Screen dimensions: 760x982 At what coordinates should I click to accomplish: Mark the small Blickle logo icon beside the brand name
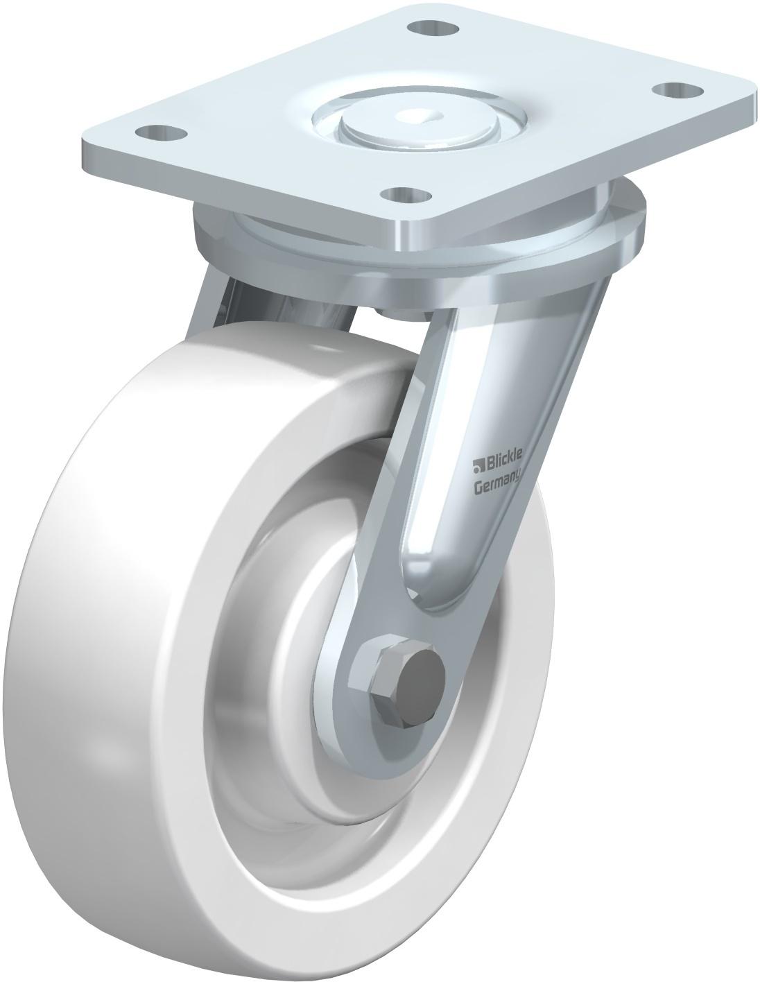click(x=478, y=465)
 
